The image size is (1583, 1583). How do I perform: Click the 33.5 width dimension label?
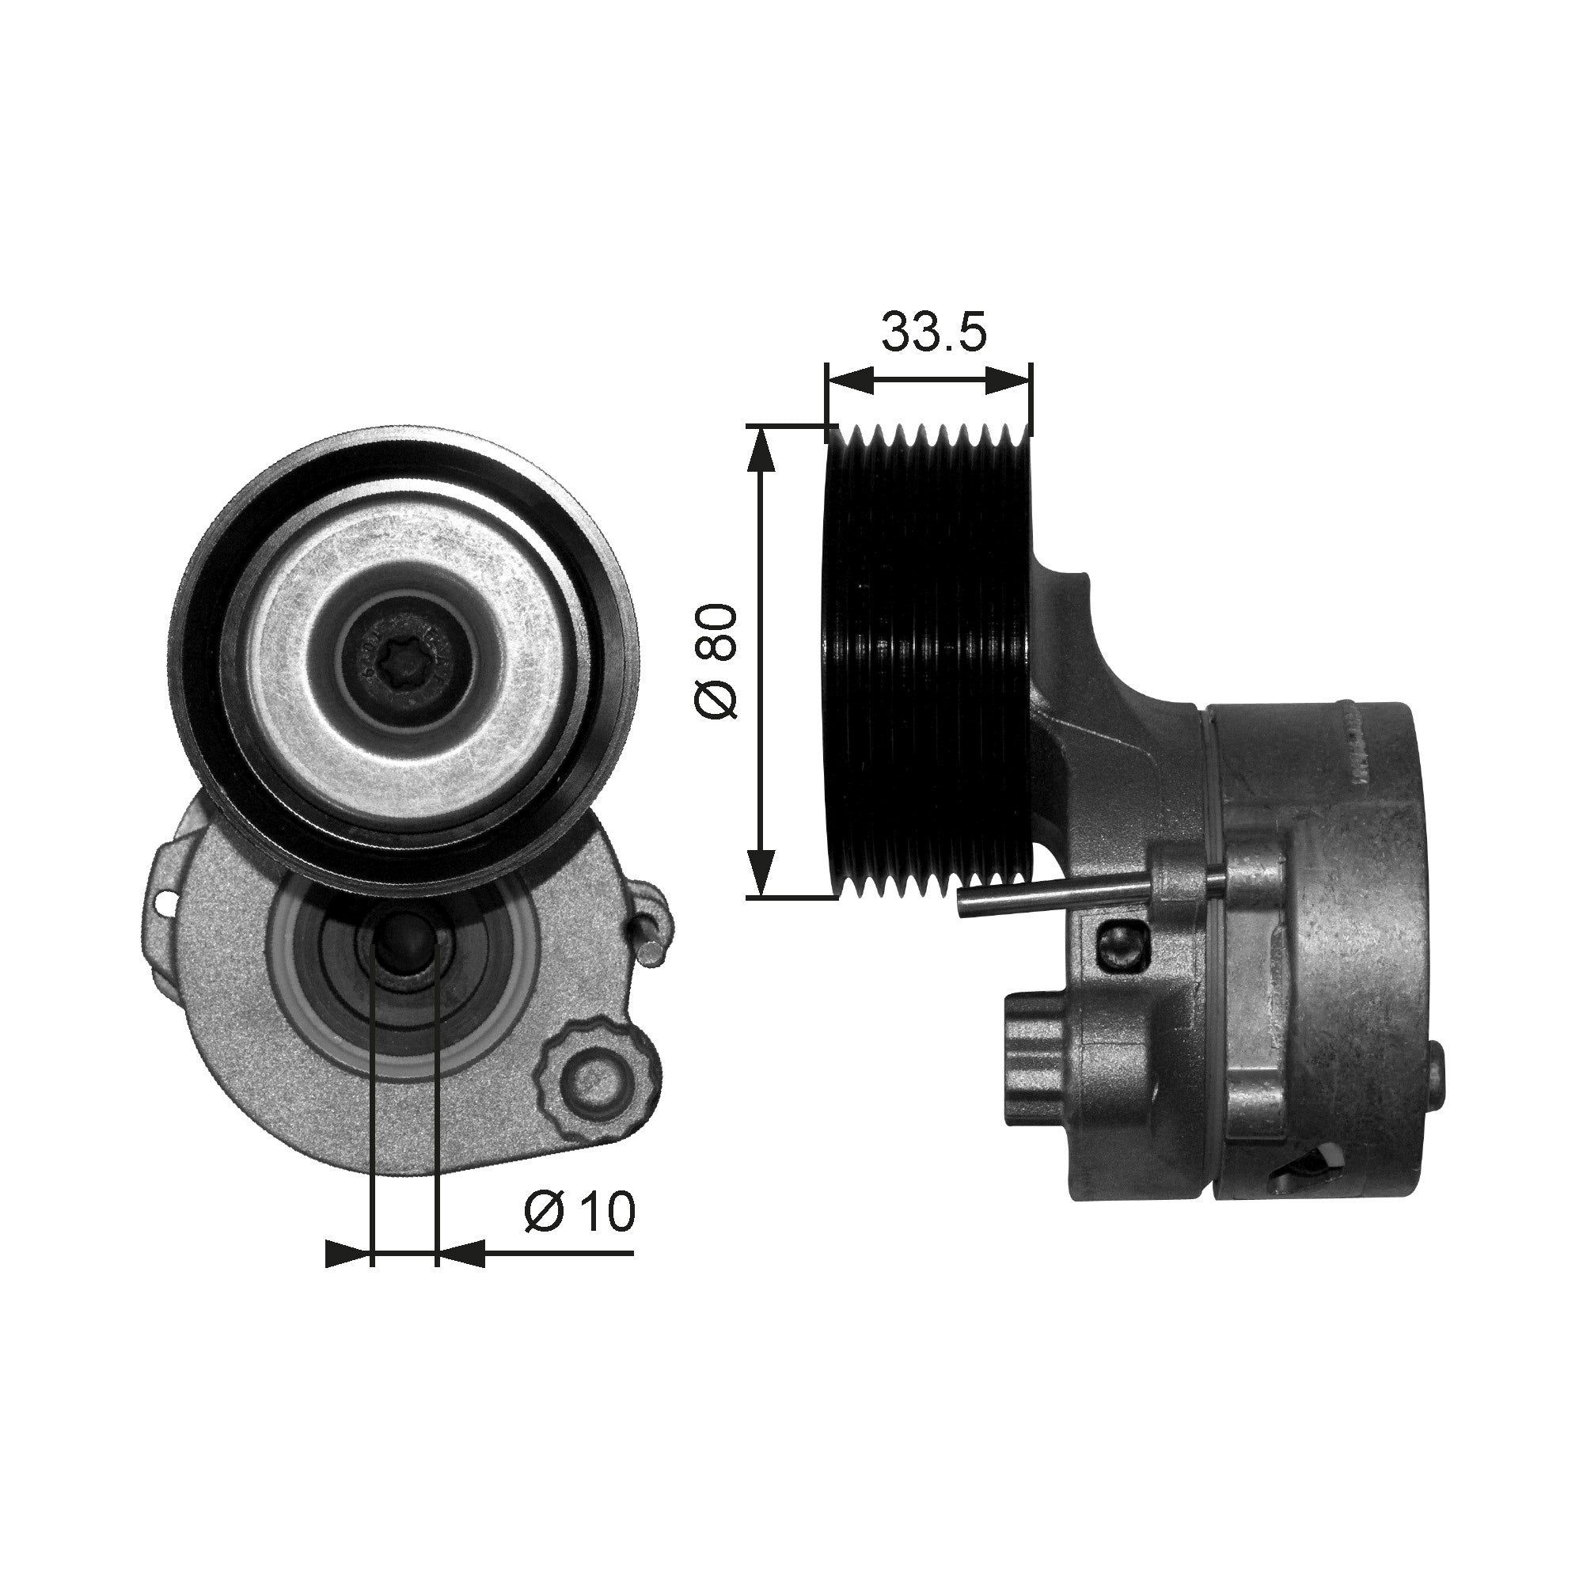[x=933, y=332]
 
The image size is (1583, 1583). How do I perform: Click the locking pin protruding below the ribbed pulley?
[x=1057, y=898]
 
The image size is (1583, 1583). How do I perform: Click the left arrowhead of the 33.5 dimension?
[x=848, y=379]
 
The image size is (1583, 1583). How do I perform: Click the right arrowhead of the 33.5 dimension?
[x=1007, y=379]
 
